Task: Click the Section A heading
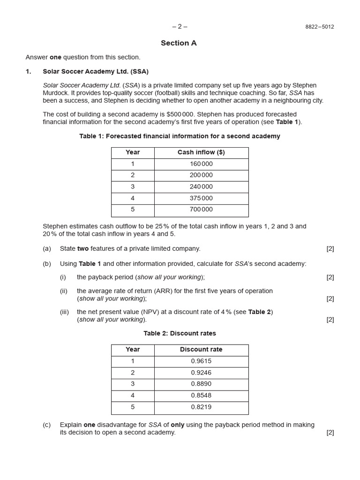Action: click(179, 43)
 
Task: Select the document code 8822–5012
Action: click(320, 27)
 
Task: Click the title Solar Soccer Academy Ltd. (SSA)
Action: click(96, 71)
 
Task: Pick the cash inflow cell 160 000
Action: click(201, 164)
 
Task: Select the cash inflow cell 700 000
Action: click(201, 210)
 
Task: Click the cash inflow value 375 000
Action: click(201, 198)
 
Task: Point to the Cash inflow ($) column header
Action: click(201, 152)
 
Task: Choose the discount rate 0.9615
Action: click(201, 361)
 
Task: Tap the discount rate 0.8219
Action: click(201, 407)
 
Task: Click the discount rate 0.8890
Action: click(201, 384)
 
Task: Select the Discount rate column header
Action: click(201, 350)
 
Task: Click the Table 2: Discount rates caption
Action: click(180, 334)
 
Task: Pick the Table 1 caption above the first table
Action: click(180, 136)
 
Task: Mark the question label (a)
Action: click(47, 249)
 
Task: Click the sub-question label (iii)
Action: click(64, 312)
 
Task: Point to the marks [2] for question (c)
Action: click(330, 433)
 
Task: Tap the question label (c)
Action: click(47, 425)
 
